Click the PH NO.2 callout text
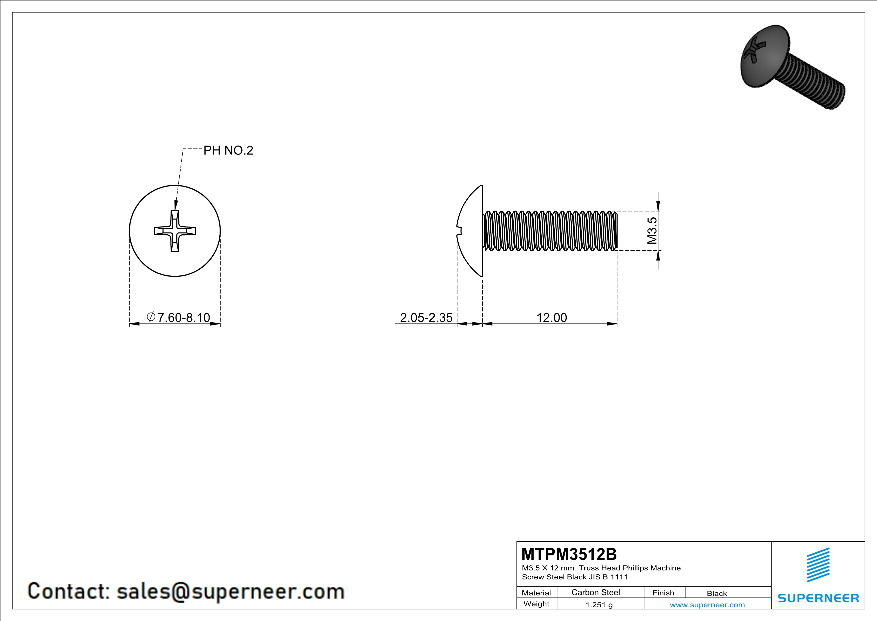tap(228, 151)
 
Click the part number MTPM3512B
tap(569, 554)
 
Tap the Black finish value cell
tap(716, 593)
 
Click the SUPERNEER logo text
tap(818, 598)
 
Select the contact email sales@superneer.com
tap(230, 591)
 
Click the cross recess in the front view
tap(175, 231)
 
